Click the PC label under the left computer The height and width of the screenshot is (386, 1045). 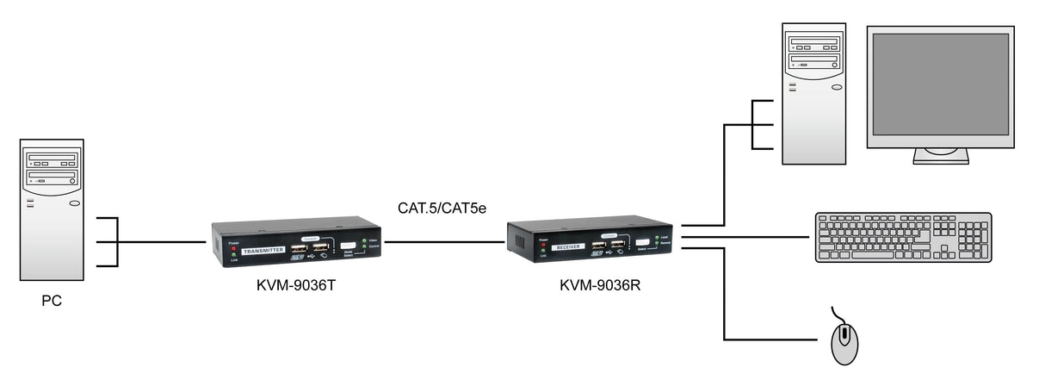[52, 302]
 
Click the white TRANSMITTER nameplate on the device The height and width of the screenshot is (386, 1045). [263, 252]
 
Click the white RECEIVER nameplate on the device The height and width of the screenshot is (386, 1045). [569, 246]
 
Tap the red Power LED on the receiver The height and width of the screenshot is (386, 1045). [543, 246]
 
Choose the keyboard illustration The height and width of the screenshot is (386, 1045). [903, 237]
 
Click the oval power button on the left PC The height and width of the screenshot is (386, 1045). [74, 204]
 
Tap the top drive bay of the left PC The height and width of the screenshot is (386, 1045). [52, 159]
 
